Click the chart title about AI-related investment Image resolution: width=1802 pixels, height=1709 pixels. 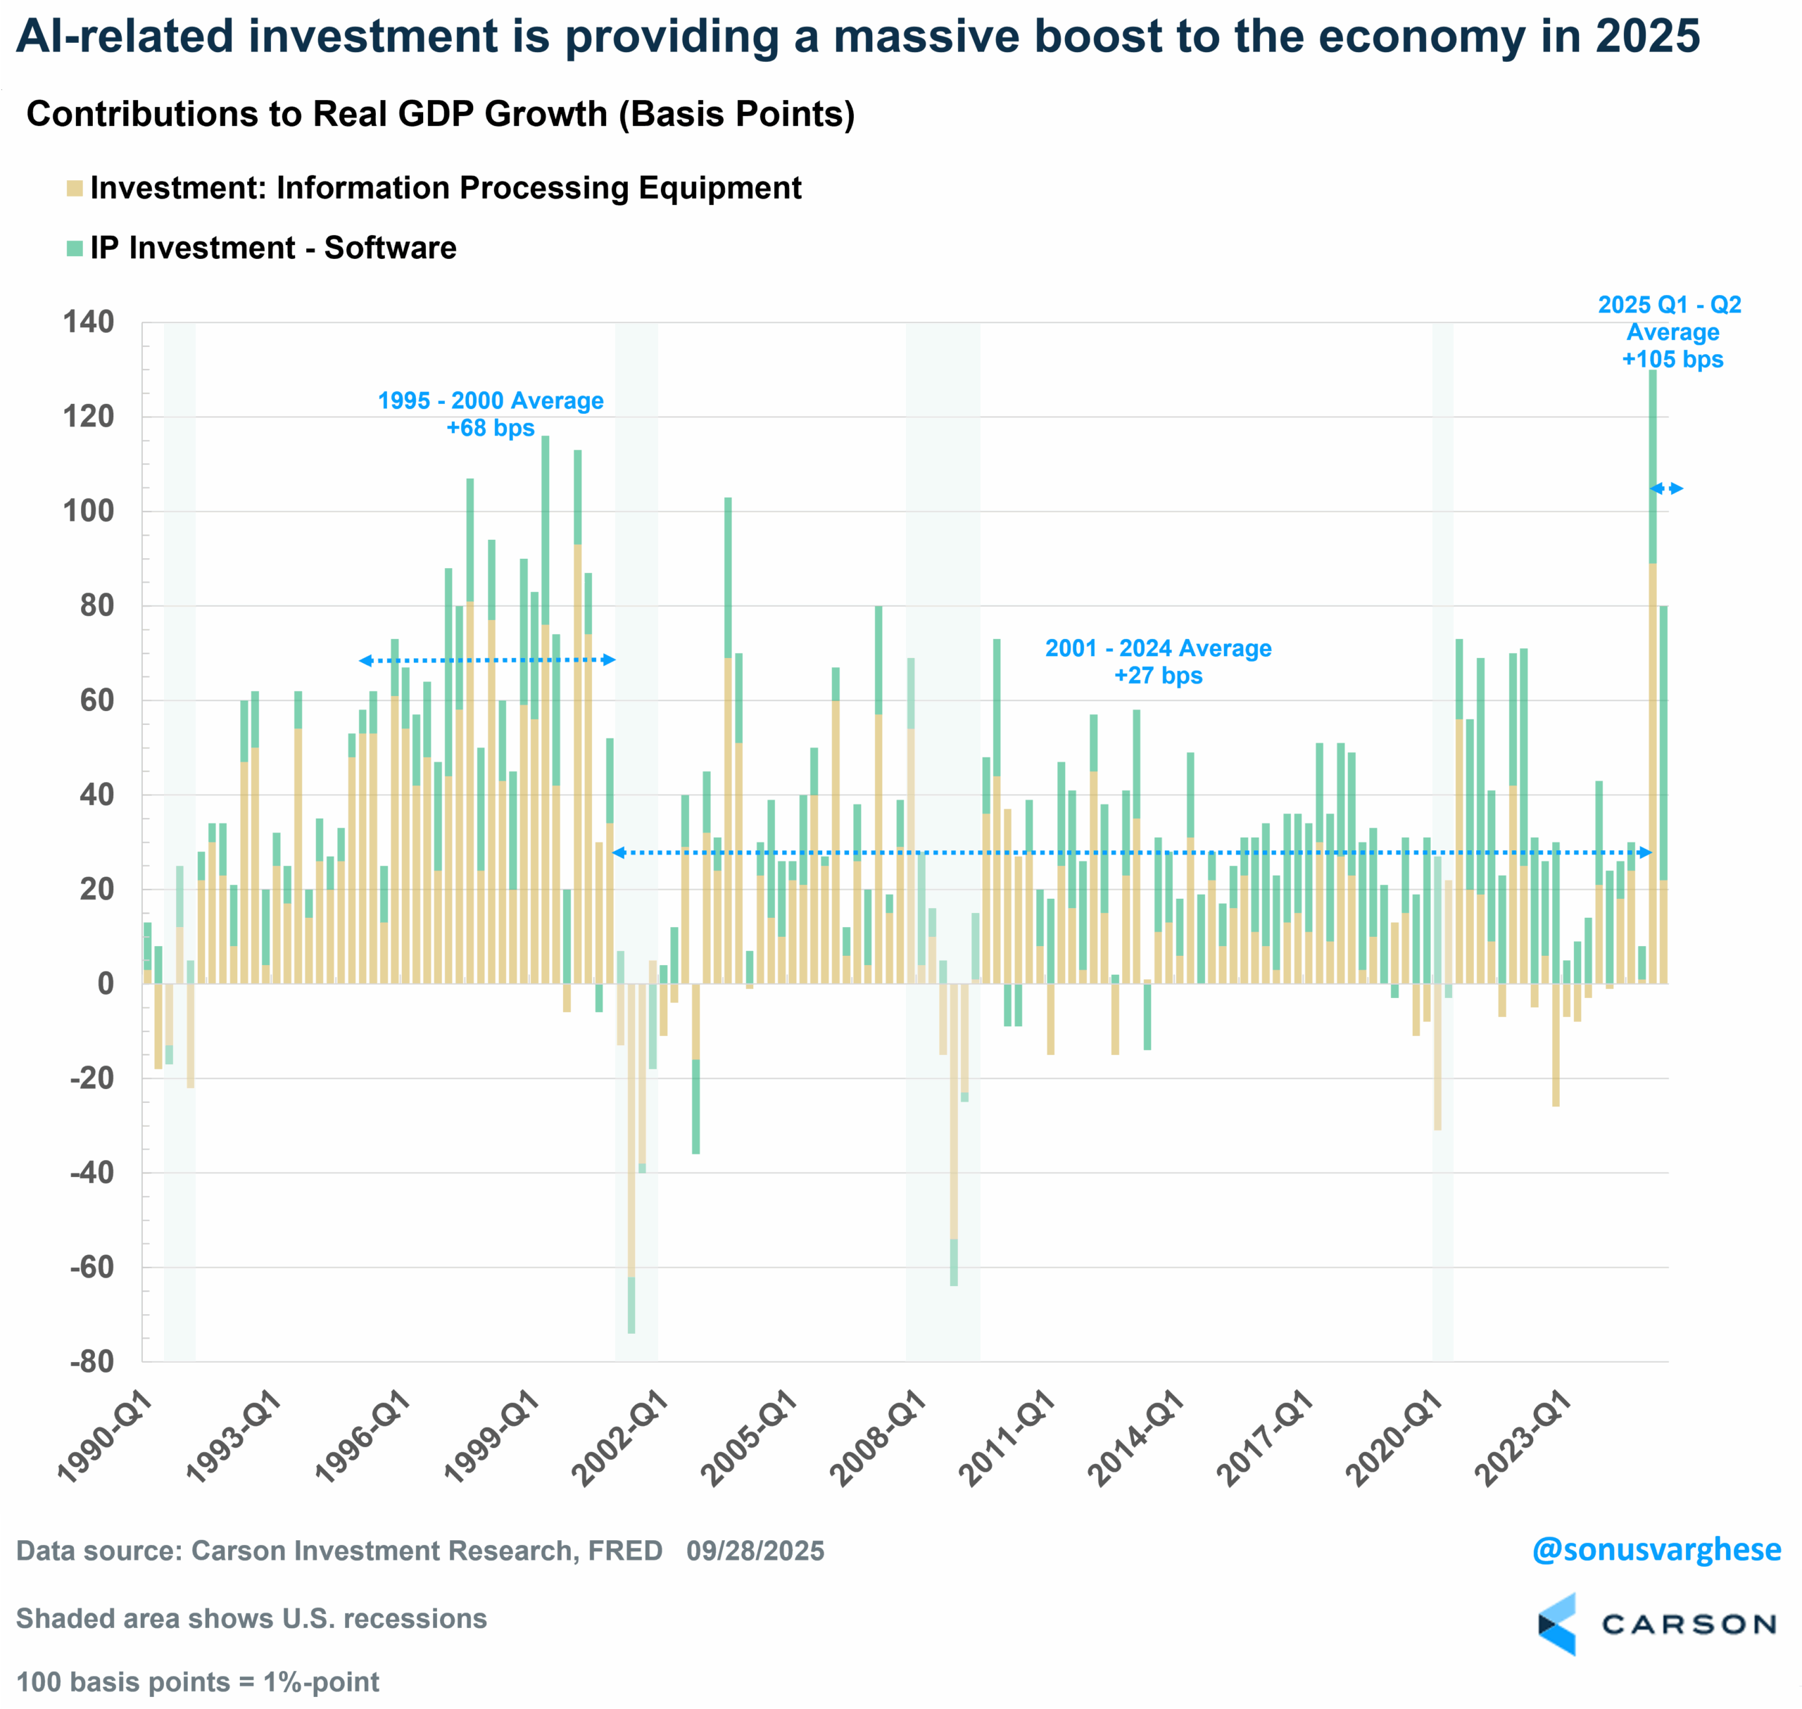(x=857, y=37)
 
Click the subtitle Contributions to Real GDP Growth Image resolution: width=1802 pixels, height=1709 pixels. (x=440, y=114)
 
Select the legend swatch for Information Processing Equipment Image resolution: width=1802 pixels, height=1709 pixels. (x=75, y=189)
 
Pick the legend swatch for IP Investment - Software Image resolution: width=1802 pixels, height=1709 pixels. (x=75, y=248)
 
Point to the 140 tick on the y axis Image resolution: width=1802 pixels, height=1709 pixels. (x=89, y=322)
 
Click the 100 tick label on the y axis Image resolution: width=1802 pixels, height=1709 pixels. (x=89, y=511)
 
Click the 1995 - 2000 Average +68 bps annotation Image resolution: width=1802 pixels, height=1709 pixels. (x=490, y=415)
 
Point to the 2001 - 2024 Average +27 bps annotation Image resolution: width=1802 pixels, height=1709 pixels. (x=1158, y=662)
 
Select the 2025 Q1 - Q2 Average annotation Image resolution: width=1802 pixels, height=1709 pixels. (x=1671, y=332)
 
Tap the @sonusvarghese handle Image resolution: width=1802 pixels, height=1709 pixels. (x=1656, y=1550)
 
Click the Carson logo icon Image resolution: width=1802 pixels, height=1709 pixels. (x=1556, y=1625)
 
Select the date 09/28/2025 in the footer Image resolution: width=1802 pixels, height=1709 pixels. (x=755, y=1551)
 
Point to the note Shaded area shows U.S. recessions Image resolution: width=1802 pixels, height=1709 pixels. (x=251, y=1619)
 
